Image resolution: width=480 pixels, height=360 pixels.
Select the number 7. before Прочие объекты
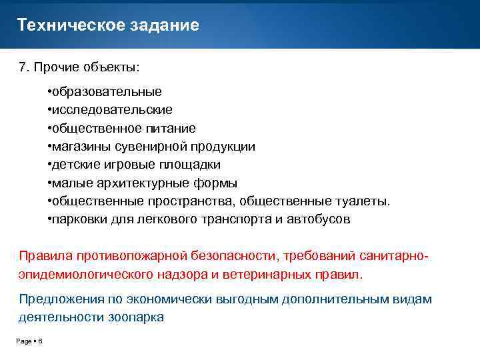(x=23, y=68)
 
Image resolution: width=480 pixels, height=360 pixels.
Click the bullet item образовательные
(x=107, y=91)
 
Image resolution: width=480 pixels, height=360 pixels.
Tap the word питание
(x=173, y=128)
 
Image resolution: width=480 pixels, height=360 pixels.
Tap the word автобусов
(x=318, y=219)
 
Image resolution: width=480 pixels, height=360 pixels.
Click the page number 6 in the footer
(x=40, y=341)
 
